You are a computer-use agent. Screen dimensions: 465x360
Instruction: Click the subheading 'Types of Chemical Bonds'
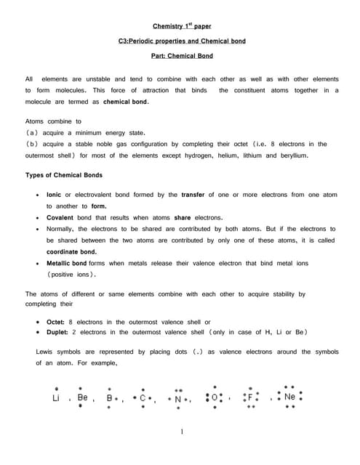click(x=64, y=175)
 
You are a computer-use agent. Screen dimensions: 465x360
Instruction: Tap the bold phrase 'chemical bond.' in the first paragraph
click(x=125, y=102)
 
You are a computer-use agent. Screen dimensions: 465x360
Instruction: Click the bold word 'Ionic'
click(x=54, y=195)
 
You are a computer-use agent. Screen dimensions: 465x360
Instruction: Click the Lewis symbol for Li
click(x=57, y=398)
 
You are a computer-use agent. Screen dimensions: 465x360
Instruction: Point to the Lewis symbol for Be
click(x=82, y=398)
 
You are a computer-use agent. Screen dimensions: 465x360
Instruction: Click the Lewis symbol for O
click(x=215, y=398)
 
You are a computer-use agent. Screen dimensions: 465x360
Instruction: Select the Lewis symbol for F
click(x=251, y=398)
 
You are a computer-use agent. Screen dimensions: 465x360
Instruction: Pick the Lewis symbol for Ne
click(x=289, y=397)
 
